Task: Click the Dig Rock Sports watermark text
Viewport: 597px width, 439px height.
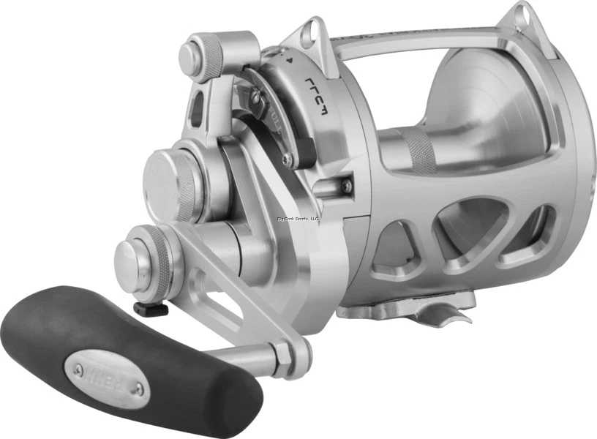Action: tap(298, 217)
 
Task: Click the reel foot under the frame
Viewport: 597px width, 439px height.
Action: tap(410, 304)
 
